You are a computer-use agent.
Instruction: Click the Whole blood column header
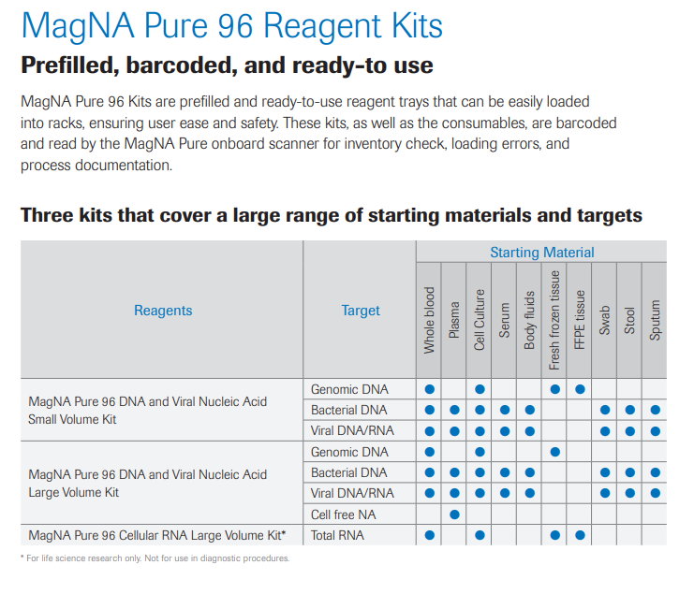[430, 319]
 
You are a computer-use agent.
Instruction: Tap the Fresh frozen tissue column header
[554, 318]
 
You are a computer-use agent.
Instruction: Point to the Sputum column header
[655, 319]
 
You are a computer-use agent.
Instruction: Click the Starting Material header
[541, 253]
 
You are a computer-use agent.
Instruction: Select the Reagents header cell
[163, 311]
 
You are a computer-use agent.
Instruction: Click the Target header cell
[361, 311]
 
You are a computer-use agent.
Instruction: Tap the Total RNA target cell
[337, 536]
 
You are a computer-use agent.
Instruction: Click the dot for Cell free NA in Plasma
[454, 514]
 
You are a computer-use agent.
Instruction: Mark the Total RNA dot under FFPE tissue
[580, 536]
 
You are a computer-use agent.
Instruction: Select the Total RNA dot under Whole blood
[430, 536]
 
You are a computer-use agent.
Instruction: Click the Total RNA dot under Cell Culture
[480, 536]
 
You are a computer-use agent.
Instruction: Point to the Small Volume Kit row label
[148, 411]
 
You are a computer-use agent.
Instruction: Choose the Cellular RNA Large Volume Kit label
[157, 536]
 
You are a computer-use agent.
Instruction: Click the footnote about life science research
[155, 558]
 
